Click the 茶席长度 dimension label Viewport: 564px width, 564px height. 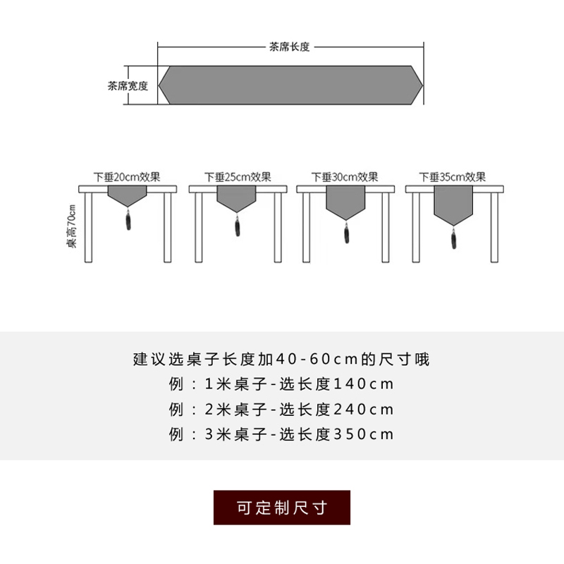289,47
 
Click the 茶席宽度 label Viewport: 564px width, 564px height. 128,86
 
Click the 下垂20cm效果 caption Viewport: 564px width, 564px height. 128,177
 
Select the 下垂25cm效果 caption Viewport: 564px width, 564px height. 238,177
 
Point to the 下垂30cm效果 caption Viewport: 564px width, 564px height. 345,177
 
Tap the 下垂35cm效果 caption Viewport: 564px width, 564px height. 453,177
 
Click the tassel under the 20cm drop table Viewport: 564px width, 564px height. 128,221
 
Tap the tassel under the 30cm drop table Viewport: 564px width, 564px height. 345,233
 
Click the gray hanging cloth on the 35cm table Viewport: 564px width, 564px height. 453,204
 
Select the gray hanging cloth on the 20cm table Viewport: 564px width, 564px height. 128,195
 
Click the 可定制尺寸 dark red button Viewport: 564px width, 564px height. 282,508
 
